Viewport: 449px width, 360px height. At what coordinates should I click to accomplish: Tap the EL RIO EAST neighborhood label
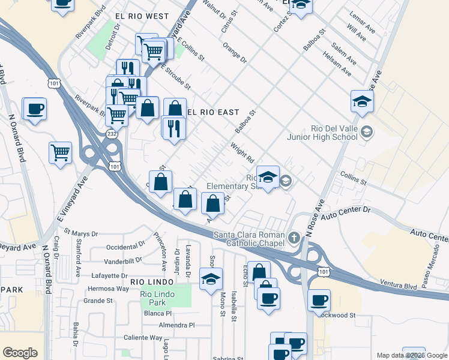tap(213, 112)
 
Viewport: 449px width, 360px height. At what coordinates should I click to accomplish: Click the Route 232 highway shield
tap(112, 134)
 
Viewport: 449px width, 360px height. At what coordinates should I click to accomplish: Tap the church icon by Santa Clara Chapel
tap(294, 237)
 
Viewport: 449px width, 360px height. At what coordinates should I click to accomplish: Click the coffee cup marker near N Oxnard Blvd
tap(35, 109)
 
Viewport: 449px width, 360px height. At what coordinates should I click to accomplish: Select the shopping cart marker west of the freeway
tap(61, 153)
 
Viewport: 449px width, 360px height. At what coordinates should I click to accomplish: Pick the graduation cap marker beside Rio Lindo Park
tap(211, 280)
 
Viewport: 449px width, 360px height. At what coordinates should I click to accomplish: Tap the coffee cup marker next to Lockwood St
tap(319, 299)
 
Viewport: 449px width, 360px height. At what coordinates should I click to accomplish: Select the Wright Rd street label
tap(242, 154)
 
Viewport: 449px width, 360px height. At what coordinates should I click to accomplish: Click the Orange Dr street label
tap(234, 52)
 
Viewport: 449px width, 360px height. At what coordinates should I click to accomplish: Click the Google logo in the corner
tap(20, 353)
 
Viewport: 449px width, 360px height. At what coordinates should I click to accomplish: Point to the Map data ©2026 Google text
tap(411, 355)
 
